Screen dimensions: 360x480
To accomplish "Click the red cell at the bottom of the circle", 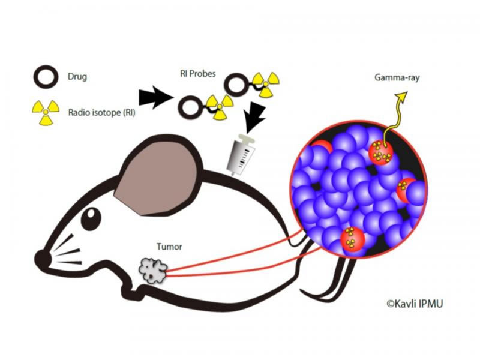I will [352, 240].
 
